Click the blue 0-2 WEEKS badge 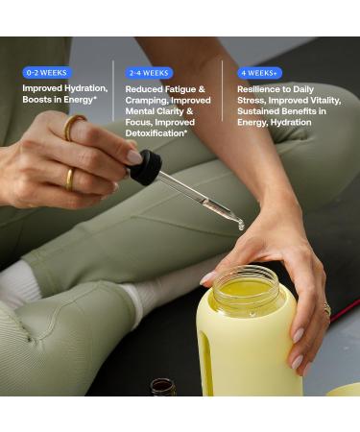pyautogui.click(x=46, y=72)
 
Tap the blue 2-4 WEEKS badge pyautogui.click(x=149, y=72)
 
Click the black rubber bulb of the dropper pyautogui.click(x=146, y=167)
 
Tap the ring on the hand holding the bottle pyautogui.click(x=326, y=310)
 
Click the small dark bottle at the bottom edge pyautogui.click(x=163, y=387)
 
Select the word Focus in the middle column pyautogui.click(x=140, y=123)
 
